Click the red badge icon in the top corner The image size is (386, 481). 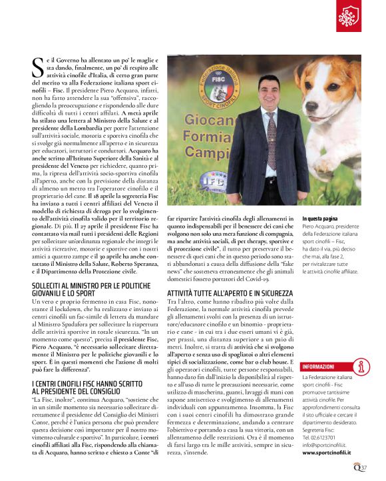[x=349, y=17]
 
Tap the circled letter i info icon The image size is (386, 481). [x=363, y=366]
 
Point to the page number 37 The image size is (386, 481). [x=364, y=467]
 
